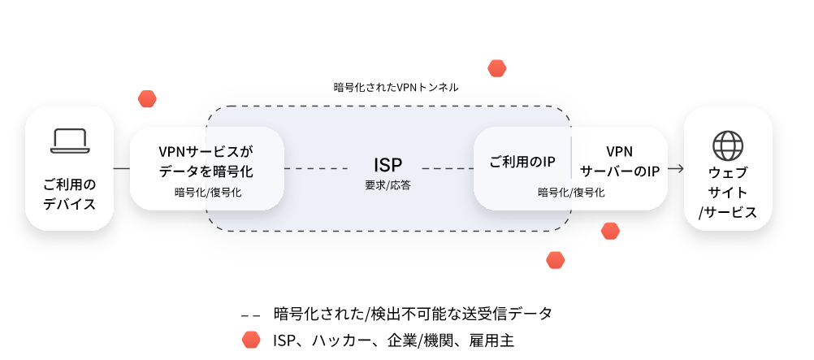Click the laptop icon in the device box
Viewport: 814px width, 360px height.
click(69, 140)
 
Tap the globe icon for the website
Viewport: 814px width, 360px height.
click(727, 145)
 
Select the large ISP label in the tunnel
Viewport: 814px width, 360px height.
click(388, 166)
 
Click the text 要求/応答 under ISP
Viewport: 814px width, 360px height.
click(388, 185)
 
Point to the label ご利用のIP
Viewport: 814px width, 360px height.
click(522, 161)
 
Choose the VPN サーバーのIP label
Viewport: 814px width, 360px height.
click(619, 161)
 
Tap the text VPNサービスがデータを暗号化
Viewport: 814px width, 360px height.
click(206, 161)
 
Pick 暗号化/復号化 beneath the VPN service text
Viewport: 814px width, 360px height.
click(207, 193)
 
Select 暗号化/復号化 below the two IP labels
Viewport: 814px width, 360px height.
click(570, 193)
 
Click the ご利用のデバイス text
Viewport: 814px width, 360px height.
click(69, 193)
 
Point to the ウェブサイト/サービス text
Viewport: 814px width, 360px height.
click(727, 193)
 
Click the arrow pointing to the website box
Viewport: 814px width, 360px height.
click(676, 169)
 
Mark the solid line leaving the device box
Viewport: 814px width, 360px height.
click(121, 169)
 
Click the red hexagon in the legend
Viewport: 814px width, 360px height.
click(250, 340)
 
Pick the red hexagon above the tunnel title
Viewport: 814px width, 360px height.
click(496, 67)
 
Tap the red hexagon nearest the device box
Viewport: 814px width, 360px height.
click(147, 98)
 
